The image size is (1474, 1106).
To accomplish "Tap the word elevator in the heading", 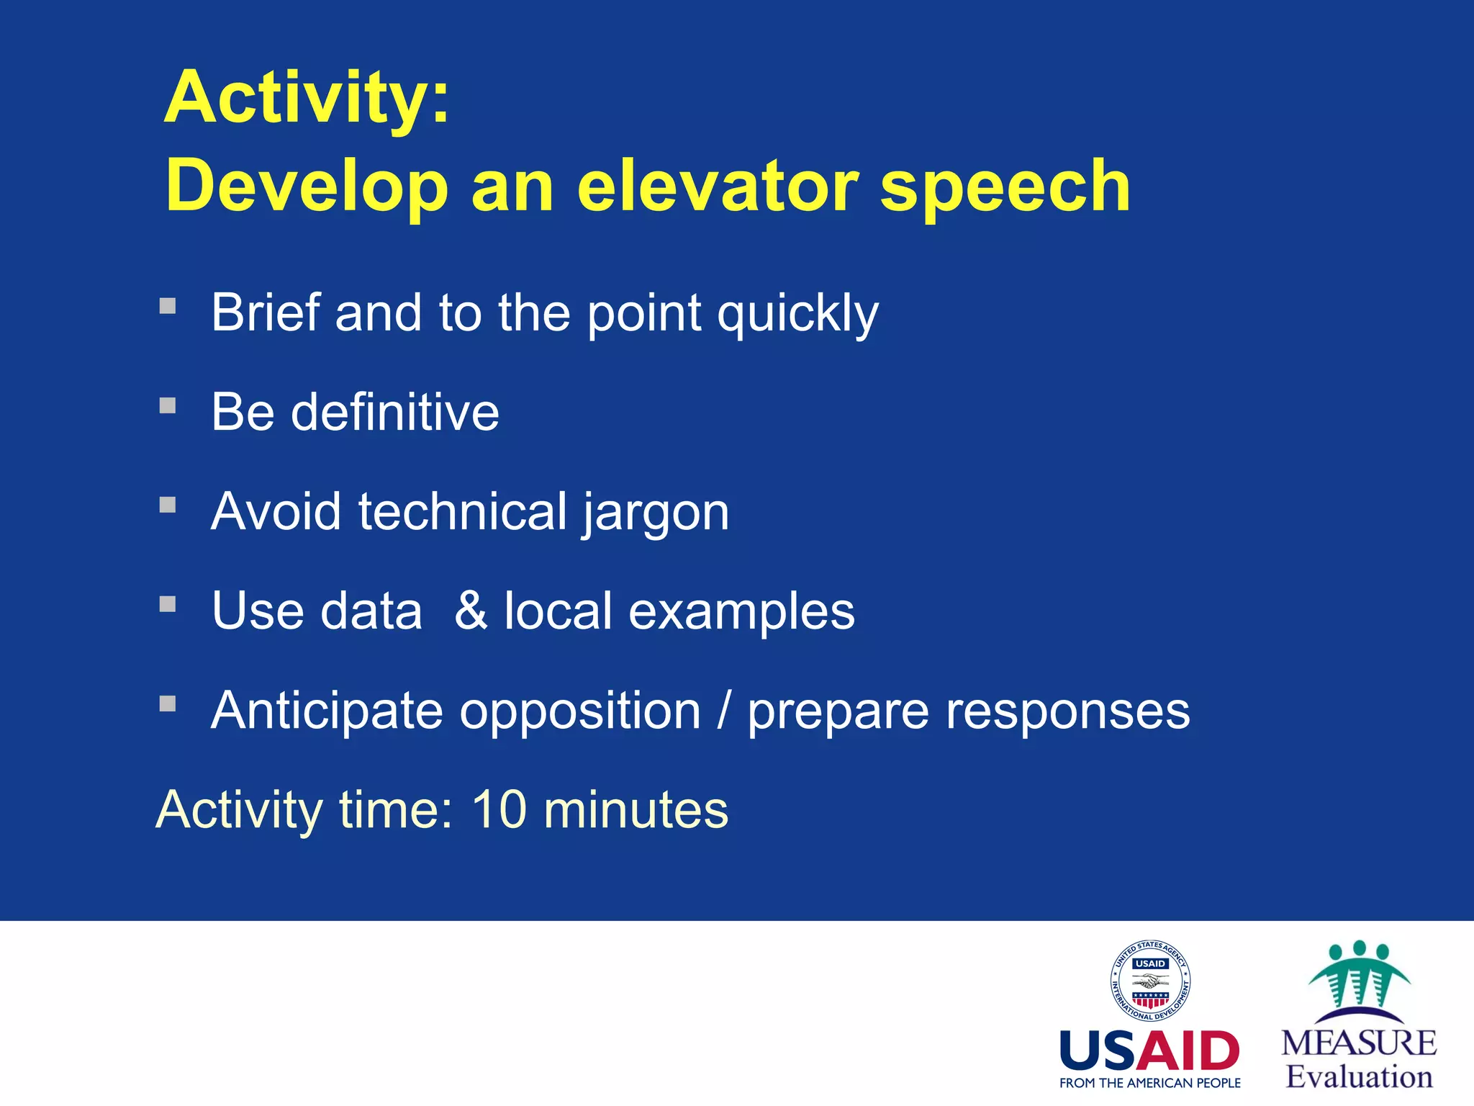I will click(x=718, y=186).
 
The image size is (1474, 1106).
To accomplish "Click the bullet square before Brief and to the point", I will click(x=168, y=306).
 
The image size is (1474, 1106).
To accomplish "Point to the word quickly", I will click(x=797, y=315).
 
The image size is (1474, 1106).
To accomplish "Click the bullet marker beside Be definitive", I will click(x=168, y=405).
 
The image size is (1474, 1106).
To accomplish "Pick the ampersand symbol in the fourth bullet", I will click(x=471, y=611).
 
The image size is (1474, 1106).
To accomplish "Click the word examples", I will click(x=741, y=612).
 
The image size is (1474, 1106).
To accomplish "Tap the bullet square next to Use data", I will click(x=168, y=603).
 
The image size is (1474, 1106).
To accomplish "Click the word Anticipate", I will click(x=327, y=711).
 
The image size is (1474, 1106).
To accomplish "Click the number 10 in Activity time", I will click(x=499, y=809).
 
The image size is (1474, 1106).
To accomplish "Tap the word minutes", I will click(x=636, y=809).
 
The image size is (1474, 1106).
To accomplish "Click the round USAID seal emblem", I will click(x=1149, y=981).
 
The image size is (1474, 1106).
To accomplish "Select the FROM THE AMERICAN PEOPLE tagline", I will click(x=1149, y=1083).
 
